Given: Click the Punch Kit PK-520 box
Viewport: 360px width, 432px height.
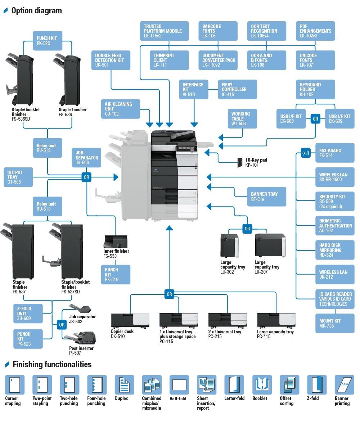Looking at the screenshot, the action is (48, 41).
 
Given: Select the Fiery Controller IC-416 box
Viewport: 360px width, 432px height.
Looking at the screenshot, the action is (237, 89).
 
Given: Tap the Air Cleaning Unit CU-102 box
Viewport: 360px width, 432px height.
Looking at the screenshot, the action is (120, 109).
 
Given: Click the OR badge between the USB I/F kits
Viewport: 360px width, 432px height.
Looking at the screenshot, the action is (315, 119).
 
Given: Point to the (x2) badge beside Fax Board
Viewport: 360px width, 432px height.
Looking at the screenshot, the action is (306, 153).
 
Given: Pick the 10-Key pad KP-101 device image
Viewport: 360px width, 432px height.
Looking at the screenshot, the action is (240, 163).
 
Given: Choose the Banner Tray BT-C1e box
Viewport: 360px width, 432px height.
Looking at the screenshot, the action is (267, 197).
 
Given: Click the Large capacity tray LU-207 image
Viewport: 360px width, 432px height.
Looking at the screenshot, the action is (270, 246).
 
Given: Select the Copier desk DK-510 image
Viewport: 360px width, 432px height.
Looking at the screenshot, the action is (130, 320).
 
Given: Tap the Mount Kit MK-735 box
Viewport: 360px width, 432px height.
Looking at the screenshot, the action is (335, 323).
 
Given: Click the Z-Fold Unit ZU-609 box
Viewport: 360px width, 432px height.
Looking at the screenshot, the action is (28, 314).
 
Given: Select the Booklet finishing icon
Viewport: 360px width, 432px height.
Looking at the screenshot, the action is (262, 384).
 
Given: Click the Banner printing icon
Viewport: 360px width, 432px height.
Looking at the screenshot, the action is (344, 384).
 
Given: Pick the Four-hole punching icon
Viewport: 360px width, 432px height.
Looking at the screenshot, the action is (97, 384).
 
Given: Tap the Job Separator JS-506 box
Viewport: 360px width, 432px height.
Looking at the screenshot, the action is (86, 158).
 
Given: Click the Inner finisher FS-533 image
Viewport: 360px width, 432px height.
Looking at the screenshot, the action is (116, 241).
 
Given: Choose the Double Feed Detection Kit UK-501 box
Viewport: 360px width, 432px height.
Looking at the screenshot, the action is (111, 60).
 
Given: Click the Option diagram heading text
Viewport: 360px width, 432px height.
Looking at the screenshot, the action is (37, 10).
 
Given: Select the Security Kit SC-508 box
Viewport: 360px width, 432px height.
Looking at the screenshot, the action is (335, 202).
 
